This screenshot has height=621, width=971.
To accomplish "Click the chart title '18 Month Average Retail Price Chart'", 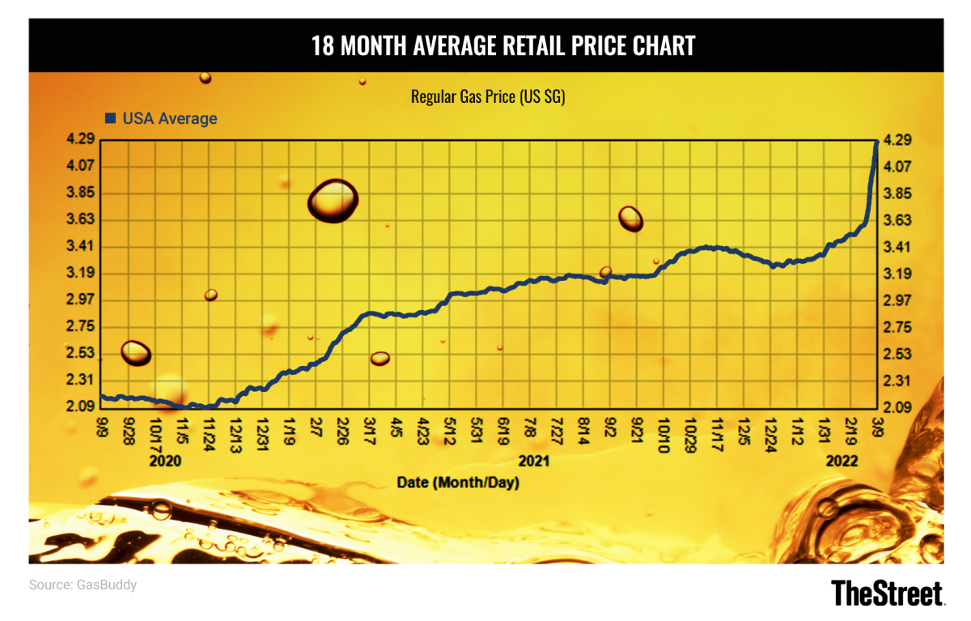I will click(x=502, y=46).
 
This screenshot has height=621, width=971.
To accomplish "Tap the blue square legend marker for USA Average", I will click(x=111, y=118).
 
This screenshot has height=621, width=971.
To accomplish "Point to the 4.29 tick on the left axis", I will click(x=84, y=139).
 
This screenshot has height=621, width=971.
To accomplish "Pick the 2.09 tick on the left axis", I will click(x=84, y=406).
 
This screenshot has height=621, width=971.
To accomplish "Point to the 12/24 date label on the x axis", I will click(x=770, y=429).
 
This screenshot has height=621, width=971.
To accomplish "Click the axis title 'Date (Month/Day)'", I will click(x=457, y=483).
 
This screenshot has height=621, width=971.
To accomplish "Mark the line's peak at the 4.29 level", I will click(x=876, y=142).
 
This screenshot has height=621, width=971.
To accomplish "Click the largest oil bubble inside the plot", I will click(x=333, y=201).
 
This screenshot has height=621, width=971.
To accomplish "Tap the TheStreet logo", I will click(x=887, y=592).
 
